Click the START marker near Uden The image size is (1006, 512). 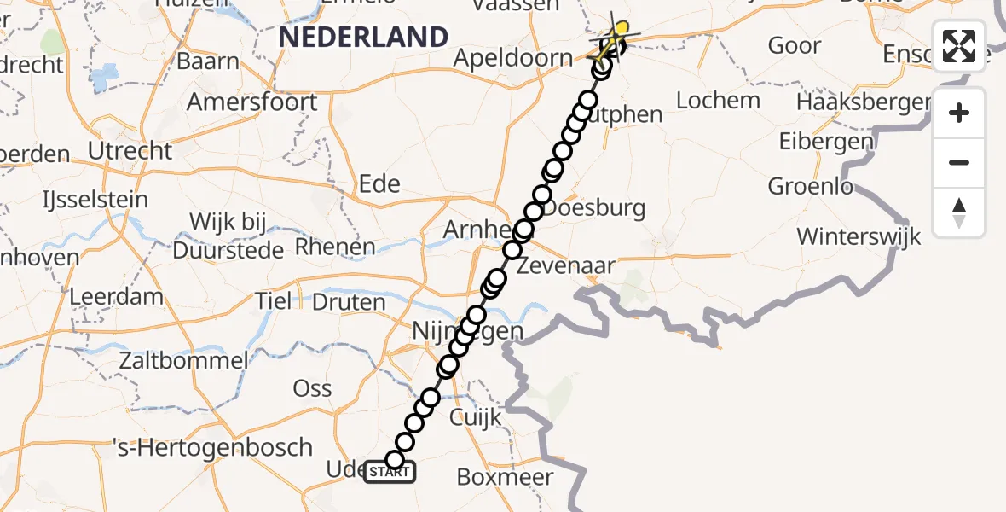coord(390,471)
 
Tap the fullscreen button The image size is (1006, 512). coord(959,46)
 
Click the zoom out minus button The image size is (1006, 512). coord(959,163)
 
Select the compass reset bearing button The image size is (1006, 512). coord(959,212)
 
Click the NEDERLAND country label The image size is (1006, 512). coord(363,37)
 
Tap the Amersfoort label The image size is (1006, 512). coord(251,102)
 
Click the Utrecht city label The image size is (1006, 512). coord(130,151)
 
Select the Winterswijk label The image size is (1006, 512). coord(859,236)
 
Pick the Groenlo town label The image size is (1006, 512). coord(811,186)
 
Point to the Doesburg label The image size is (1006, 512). coord(594,207)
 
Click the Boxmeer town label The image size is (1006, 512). coord(505,477)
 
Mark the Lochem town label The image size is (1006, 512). coord(718,100)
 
